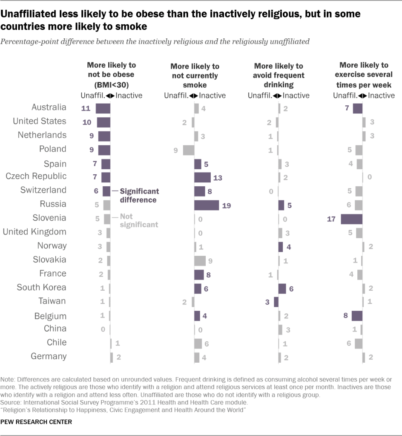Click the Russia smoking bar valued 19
(207, 205)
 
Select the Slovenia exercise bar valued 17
(351, 219)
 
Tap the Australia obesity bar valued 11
(103, 108)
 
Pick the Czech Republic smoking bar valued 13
(202, 177)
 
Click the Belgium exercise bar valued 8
(357, 316)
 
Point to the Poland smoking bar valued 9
(188, 150)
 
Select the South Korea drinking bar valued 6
(282, 289)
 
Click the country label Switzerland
(43, 190)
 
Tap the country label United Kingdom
(34, 232)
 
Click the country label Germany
(49, 356)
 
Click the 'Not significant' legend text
(139, 220)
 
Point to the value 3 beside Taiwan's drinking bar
(267, 302)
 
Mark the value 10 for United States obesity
(87, 122)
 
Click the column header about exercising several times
(364, 75)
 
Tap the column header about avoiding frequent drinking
(279, 75)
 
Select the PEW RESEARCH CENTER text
(36, 422)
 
